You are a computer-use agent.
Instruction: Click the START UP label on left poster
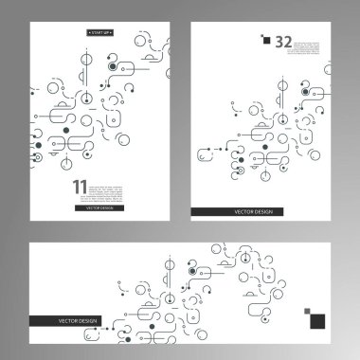pyautogui.click(x=99, y=33)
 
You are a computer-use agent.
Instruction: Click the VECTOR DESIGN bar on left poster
pyautogui.click(x=99, y=207)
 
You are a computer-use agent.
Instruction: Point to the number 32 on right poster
pyautogui.click(x=283, y=41)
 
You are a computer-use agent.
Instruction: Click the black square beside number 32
pyautogui.click(x=266, y=41)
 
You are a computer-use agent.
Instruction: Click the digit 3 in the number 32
pyautogui.click(x=279, y=41)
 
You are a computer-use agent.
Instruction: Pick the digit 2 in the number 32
pyautogui.click(x=288, y=41)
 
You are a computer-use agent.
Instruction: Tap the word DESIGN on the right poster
pyautogui.click(x=263, y=211)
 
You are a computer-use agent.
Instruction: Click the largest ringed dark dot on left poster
pyautogui.click(x=113, y=67)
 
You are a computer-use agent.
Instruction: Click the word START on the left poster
pyautogui.click(x=95, y=33)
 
